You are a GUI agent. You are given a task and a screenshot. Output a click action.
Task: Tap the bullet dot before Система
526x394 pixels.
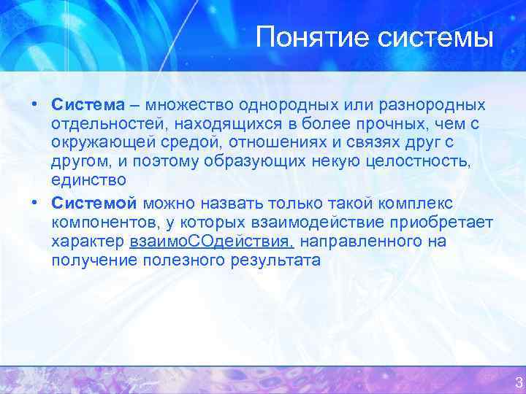[34, 103]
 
